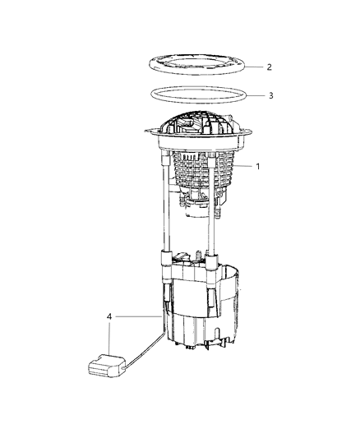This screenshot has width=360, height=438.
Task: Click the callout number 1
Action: click(257, 165)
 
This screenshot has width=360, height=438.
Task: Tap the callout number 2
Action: click(269, 66)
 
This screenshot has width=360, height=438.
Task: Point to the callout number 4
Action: click(110, 315)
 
